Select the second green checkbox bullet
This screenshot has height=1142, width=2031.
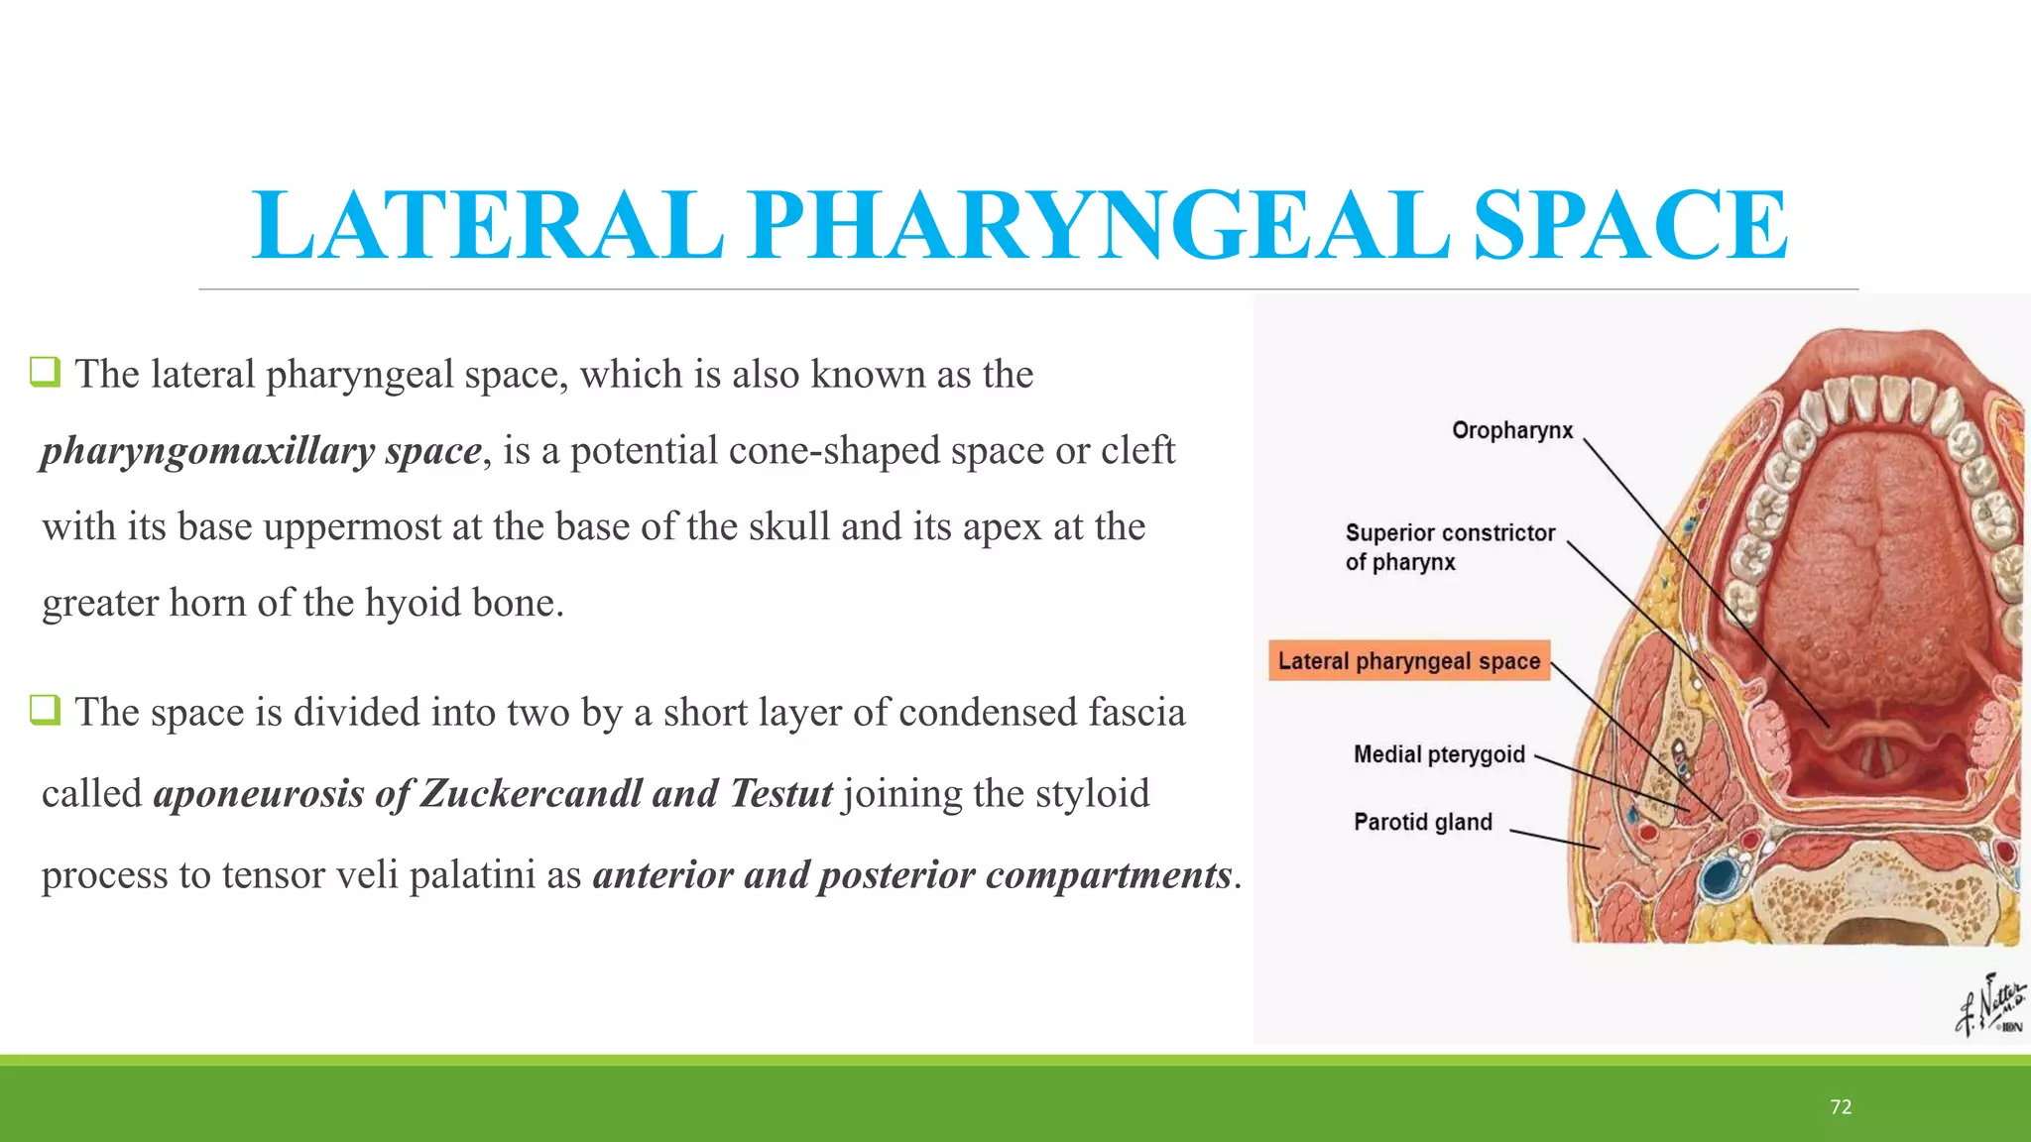pos(45,710)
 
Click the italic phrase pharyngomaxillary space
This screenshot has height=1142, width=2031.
pos(261,451)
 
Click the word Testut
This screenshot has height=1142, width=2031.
pos(781,794)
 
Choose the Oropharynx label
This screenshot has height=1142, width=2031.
pos(1512,430)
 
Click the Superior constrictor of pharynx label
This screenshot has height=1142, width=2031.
pos(1449,547)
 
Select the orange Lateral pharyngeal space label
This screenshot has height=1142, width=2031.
pos(1408,661)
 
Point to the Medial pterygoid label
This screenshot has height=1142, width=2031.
pos(1439,754)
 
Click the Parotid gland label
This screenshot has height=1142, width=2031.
pos(1422,822)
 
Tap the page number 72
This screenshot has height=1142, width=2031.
pos(1841,1107)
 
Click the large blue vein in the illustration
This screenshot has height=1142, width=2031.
pos(1720,877)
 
